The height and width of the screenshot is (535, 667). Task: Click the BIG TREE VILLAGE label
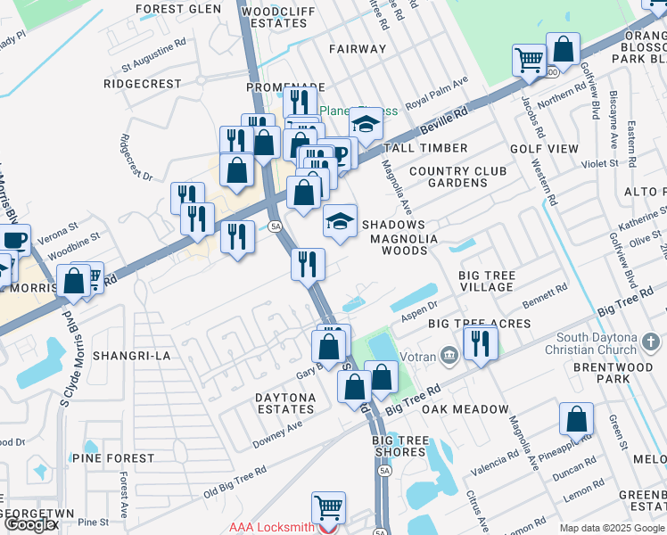pyautogui.click(x=486, y=282)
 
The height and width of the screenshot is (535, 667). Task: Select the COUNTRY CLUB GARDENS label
pyautogui.click(x=457, y=177)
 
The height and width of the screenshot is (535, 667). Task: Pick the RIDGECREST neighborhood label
pyautogui.click(x=143, y=84)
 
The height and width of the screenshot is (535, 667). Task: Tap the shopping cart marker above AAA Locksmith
pyautogui.click(x=328, y=508)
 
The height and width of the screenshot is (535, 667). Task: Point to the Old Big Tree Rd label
pyautogui.click(x=235, y=481)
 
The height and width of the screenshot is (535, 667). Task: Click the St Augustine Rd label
pyautogui.click(x=154, y=53)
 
